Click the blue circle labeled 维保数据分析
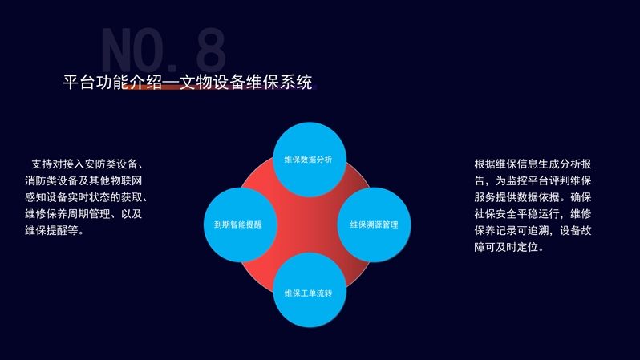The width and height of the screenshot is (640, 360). pyautogui.click(x=310, y=160)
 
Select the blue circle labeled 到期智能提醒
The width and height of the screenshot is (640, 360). pyautogui.click(x=241, y=224)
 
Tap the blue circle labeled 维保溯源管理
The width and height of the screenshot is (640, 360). pyautogui.click(x=374, y=224)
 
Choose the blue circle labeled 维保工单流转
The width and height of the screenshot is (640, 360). pyautogui.click(x=310, y=289)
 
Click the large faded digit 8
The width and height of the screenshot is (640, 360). pyautogui.click(x=211, y=50)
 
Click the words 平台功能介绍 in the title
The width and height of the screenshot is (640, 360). pyautogui.click(x=112, y=83)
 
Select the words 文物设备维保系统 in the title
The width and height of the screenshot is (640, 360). pyautogui.click(x=245, y=83)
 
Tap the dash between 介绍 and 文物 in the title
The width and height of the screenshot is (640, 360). pyautogui.click(x=171, y=83)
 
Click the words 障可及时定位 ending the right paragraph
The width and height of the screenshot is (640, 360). pyautogui.click(x=506, y=247)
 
